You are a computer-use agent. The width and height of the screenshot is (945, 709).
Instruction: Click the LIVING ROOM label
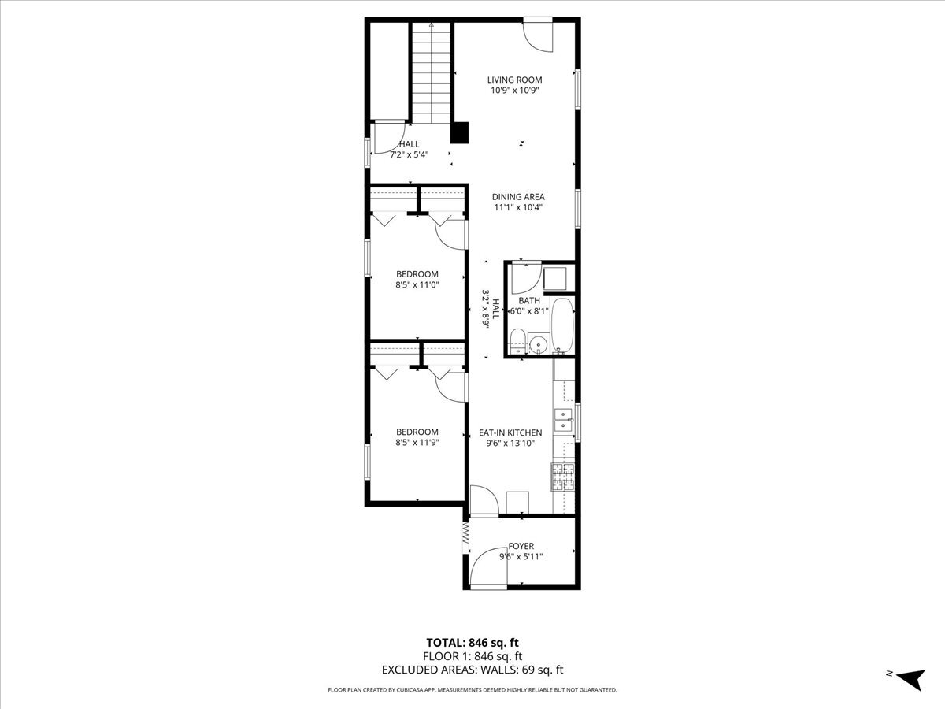tap(514, 80)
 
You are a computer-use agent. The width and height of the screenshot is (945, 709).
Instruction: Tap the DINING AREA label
tap(518, 197)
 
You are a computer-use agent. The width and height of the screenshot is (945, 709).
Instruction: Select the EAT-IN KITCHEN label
tap(510, 432)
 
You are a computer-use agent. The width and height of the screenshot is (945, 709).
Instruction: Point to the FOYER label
tap(521, 546)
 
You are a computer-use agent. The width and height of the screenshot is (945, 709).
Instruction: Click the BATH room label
tap(529, 300)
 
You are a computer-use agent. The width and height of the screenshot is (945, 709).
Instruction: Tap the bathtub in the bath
tap(561, 325)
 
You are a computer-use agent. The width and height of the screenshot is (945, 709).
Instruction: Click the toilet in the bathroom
tap(517, 341)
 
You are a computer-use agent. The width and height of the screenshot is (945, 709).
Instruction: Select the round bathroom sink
tap(538, 343)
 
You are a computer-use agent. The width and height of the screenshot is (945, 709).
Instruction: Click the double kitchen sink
tap(564, 421)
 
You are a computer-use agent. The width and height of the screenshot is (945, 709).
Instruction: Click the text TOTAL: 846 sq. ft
tap(472, 642)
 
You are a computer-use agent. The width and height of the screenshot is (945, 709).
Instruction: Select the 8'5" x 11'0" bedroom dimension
tap(417, 285)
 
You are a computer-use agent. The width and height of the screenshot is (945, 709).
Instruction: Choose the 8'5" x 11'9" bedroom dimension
tap(417, 443)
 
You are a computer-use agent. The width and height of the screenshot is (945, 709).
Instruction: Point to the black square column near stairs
tap(460, 132)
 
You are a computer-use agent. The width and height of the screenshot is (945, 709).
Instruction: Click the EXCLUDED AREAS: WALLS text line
tap(472, 670)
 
